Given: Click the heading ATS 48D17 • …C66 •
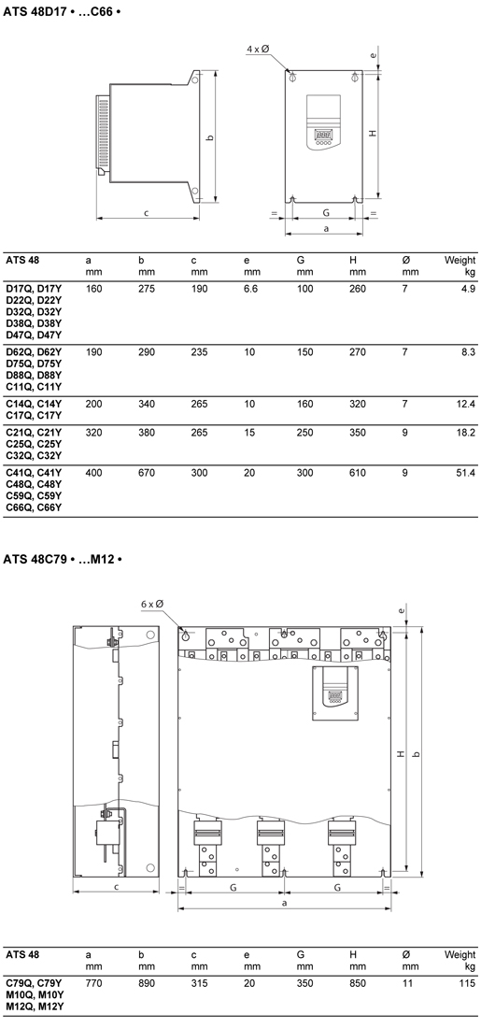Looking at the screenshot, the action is [x=63, y=12].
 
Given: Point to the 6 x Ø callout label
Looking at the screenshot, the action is [x=151, y=604].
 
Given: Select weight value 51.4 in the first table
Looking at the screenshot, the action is [x=466, y=473].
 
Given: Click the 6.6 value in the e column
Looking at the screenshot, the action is [x=250, y=289].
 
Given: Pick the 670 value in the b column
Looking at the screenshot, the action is [x=147, y=473].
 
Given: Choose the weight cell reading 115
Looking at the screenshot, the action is [x=468, y=983].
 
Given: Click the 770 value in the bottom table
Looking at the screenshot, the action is [x=93, y=983].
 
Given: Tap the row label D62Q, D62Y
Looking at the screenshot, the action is [x=34, y=352].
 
